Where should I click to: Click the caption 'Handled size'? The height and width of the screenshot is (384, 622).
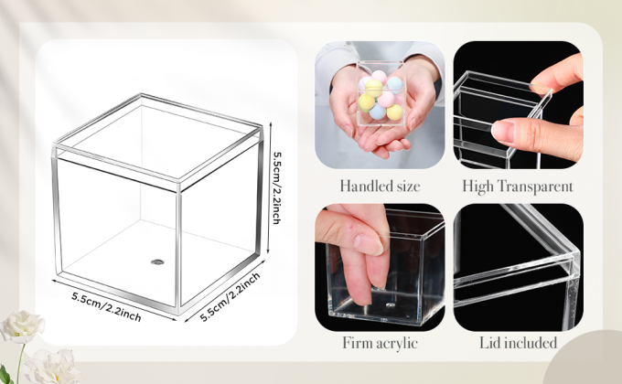pos(380,187)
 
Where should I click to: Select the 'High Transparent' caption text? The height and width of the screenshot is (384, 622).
pos(518,187)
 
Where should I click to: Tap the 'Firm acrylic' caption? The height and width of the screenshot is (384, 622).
pos(380,344)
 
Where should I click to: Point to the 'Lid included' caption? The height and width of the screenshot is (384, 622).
pos(518,344)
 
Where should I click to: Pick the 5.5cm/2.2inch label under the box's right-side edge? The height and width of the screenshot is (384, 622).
pos(231,296)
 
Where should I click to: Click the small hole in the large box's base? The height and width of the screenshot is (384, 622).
pos(156,261)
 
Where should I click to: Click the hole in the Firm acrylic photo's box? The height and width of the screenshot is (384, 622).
pos(388,298)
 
